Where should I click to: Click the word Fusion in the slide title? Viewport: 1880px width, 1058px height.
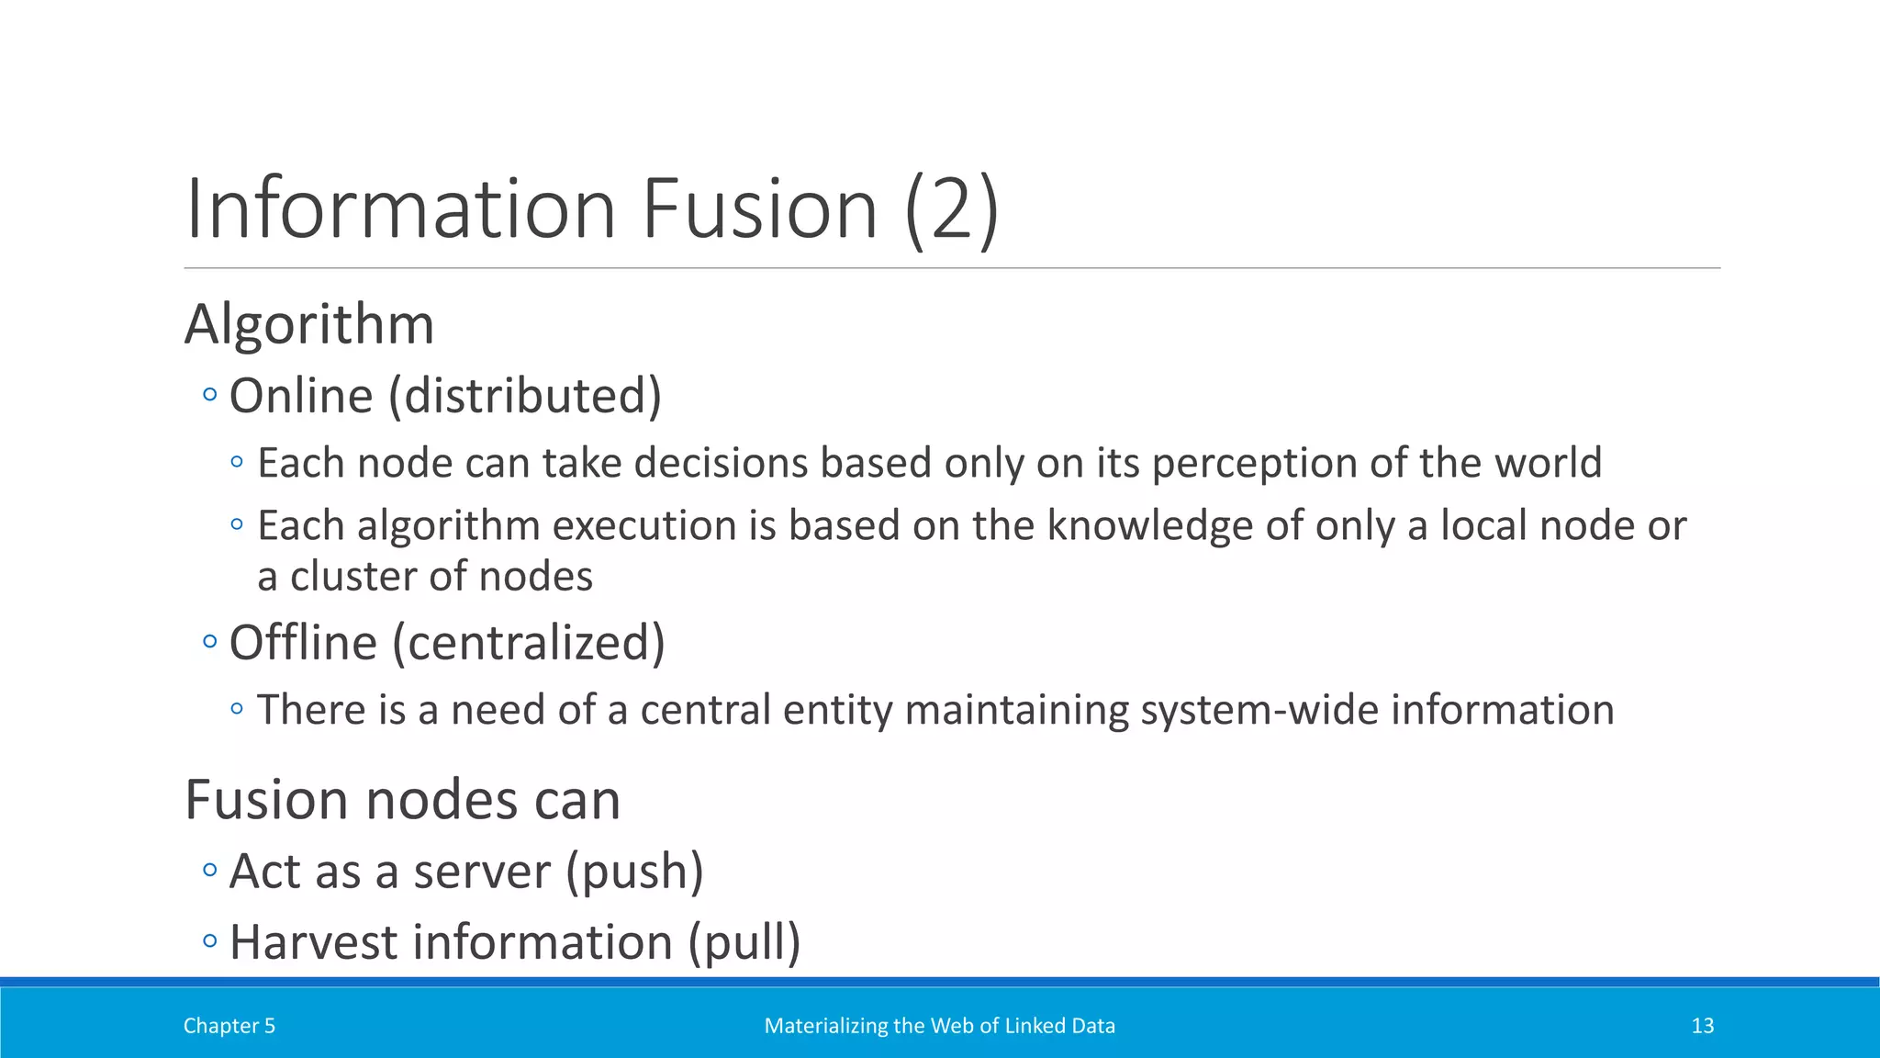click(759, 209)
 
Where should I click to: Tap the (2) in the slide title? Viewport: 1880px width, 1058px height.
click(951, 211)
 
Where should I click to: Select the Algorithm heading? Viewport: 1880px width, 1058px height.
click(309, 325)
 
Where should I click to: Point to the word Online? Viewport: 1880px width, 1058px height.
click(301, 397)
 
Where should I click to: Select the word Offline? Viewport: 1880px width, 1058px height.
click(303, 643)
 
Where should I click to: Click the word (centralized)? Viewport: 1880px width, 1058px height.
click(529, 643)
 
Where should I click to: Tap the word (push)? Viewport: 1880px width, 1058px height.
click(634, 872)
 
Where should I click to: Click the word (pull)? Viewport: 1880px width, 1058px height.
click(744, 943)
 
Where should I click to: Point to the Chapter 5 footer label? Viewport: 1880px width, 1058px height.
click(229, 1026)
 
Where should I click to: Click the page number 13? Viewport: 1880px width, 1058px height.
click(1702, 1026)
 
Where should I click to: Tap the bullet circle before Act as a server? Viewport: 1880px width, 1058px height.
click(210, 870)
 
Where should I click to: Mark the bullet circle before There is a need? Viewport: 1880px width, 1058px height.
click(237, 708)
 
